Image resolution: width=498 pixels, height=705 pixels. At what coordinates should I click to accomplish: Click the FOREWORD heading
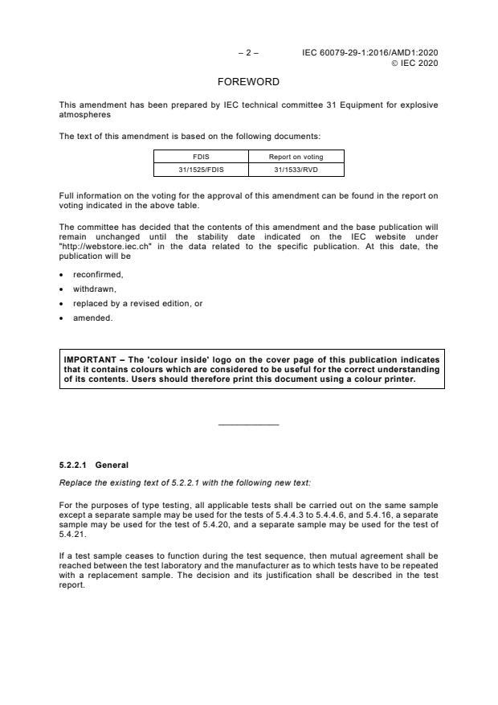248,82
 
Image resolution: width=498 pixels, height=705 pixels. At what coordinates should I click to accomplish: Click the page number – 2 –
248,53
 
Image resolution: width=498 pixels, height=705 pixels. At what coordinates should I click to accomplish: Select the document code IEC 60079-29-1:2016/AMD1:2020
370,53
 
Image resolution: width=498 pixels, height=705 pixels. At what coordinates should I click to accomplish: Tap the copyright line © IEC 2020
414,64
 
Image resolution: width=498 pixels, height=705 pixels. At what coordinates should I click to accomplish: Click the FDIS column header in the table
201,157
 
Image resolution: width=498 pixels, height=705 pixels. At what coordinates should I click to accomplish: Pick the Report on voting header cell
296,157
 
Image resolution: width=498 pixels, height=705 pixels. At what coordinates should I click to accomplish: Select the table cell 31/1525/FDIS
201,169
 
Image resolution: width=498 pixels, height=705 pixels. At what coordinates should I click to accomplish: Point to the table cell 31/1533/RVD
296,169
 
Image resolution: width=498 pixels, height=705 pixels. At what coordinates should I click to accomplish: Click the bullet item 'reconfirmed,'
97,274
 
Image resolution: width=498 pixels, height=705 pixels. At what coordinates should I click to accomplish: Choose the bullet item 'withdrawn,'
94,289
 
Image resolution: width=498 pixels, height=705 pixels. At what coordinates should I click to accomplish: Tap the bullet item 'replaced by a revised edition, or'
132,303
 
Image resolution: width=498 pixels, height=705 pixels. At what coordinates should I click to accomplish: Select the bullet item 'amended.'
92,318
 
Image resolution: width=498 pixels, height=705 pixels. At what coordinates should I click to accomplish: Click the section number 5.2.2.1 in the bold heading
74,465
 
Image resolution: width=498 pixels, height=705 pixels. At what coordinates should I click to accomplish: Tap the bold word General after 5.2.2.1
112,465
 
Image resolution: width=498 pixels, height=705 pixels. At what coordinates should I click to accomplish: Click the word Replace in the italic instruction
75,482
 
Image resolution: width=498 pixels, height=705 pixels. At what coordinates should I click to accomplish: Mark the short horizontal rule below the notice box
248,424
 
